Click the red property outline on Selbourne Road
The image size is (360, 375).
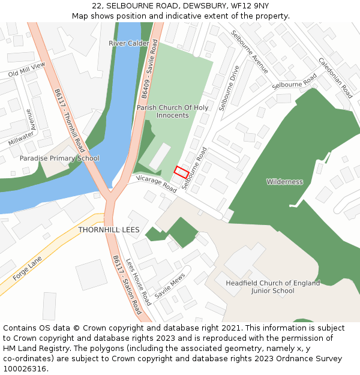(x=181, y=172)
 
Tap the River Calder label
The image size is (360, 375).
(x=129, y=43)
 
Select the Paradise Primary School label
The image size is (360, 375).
(x=59, y=158)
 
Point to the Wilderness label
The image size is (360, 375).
(x=284, y=182)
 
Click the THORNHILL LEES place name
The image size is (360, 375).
(x=109, y=230)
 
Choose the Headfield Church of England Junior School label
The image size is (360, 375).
(x=273, y=287)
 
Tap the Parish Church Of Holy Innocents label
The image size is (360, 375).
(x=172, y=112)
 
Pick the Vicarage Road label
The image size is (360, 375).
(x=156, y=184)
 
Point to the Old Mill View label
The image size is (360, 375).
(x=26, y=70)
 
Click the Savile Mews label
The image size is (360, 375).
(x=170, y=287)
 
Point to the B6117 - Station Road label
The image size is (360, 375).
(x=127, y=284)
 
